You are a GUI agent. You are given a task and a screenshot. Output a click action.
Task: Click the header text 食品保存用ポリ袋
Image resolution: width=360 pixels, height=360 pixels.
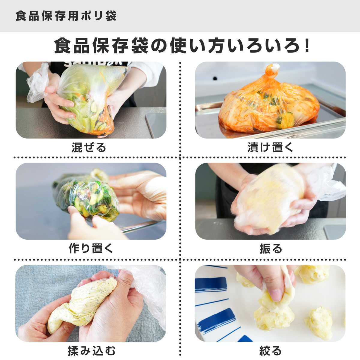click(66, 16)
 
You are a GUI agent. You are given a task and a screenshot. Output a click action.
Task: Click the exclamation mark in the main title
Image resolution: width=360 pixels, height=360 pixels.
click(306, 46)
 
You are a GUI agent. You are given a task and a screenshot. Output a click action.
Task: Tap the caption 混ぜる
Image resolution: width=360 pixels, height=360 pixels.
click(89, 148)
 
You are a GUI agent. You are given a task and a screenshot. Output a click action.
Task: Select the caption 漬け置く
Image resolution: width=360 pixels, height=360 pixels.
click(270, 148)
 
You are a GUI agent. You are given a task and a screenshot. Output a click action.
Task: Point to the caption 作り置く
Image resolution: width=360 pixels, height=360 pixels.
click(91, 249)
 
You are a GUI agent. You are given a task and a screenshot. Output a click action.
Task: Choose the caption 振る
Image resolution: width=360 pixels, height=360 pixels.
click(271, 249)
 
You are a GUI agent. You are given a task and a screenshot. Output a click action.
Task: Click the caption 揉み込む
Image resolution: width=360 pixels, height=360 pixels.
click(91, 350)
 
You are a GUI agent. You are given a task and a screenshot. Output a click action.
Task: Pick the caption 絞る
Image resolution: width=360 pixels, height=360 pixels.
click(270, 350)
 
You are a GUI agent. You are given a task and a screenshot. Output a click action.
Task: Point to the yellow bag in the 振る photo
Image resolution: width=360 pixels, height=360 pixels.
click(268, 198)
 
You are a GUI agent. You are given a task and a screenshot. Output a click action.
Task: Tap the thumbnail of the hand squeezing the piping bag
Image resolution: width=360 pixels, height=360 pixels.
click(270, 303)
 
